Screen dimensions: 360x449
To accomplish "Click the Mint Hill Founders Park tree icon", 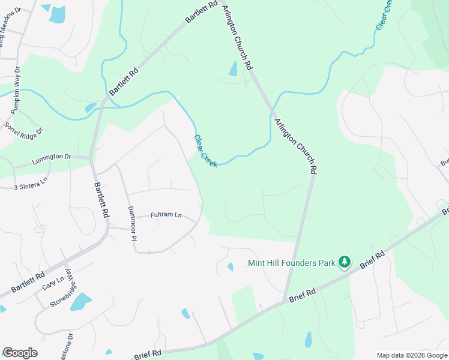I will coord(344,262).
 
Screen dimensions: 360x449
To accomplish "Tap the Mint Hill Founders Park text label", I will coord(292,263).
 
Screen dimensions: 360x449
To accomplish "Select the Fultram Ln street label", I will coord(166,214).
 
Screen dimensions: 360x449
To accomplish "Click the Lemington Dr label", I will coord(51,157).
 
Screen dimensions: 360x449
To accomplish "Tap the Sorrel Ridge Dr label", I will coord(24,128).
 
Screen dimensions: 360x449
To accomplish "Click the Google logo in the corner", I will coord(20,353).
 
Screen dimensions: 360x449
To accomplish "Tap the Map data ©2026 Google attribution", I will coord(411,355).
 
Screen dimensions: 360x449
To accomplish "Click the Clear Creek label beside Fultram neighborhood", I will coord(205,151).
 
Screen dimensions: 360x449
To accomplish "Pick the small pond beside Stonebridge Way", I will coord(80,302).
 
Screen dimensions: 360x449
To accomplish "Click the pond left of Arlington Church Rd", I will coord(233,70).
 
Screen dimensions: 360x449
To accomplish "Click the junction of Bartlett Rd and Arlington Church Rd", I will coord(217,3).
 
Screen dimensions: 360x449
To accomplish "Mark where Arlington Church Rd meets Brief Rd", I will coord(285,301).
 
